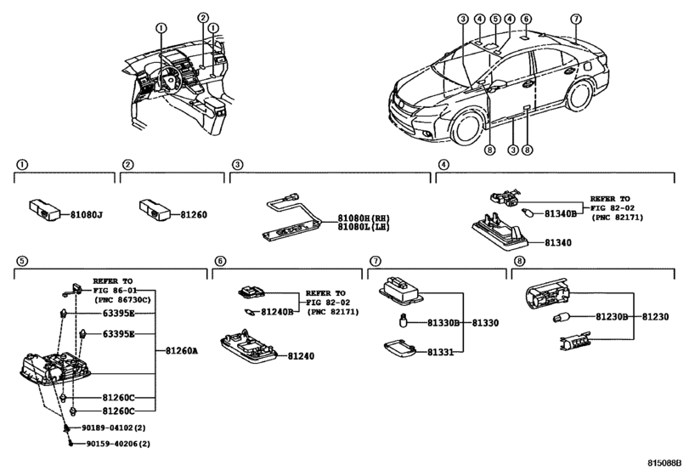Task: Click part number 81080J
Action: point(87,215)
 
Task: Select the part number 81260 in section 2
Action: point(194,215)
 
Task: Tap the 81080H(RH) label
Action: point(364,218)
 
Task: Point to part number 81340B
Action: point(560,213)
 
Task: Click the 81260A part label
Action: point(182,351)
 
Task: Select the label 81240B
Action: point(277,312)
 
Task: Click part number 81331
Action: point(440,352)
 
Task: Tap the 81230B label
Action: point(612,316)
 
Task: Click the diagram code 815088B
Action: point(664,462)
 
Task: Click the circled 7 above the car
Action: point(576,19)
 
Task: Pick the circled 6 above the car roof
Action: point(526,19)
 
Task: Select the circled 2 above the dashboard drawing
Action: point(202,18)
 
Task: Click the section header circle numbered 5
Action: point(21,261)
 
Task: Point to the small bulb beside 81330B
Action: point(403,320)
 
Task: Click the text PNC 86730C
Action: point(122,300)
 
